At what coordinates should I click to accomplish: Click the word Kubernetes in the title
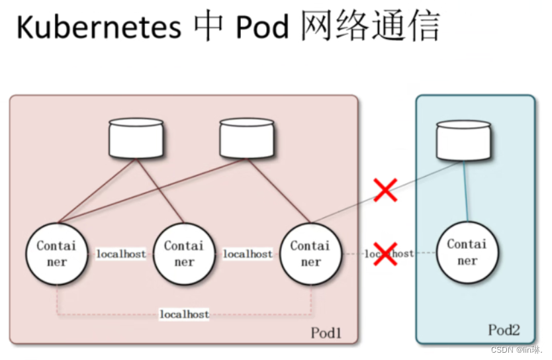click(x=99, y=26)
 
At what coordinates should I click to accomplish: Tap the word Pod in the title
click(x=262, y=26)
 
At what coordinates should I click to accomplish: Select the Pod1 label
click(x=326, y=333)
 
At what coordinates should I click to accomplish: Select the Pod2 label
click(x=504, y=330)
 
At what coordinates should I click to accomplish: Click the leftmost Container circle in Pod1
click(x=57, y=253)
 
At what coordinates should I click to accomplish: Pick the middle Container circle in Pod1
click(x=184, y=253)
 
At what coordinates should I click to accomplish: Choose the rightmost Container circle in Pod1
click(x=310, y=253)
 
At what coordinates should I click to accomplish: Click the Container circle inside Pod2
click(x=467, y=252)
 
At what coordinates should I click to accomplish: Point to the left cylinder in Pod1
click(x=136, y=138)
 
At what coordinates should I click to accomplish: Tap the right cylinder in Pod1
click(x=247, y=138)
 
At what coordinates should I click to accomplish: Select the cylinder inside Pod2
click(x=463, y=140)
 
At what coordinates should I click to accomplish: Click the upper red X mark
click(x=385, y=190)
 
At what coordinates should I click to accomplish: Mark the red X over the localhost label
click(x=385, y=253)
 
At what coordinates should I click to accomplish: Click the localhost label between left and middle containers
click(x=121, y=253)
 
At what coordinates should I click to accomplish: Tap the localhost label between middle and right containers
click(x=248, y=253)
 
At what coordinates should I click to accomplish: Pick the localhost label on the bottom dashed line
click(x=185, y=314)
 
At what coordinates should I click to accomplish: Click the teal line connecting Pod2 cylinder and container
click(x=465, y=191)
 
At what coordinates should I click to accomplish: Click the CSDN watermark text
click(x=517, y=349)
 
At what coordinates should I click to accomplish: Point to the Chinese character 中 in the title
click(x=208, y=26)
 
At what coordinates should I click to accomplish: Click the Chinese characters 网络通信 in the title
click(x=371, y=26)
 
